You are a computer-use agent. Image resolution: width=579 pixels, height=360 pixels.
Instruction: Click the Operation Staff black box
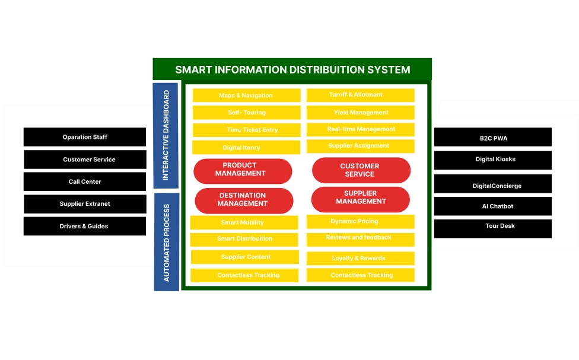85,137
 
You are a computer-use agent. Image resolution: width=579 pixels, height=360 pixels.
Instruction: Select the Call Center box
85,181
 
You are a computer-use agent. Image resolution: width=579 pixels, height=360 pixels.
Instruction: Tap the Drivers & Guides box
85,226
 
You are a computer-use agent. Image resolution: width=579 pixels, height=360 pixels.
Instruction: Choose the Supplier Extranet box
85,204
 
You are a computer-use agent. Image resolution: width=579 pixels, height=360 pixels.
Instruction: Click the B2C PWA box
493,138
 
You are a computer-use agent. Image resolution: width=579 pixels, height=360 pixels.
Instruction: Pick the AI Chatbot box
493,206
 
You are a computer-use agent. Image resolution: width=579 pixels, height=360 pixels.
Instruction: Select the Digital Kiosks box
493,160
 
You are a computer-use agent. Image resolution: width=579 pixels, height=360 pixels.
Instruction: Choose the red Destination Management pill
244,200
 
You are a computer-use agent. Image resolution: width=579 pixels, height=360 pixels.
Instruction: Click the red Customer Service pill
361,170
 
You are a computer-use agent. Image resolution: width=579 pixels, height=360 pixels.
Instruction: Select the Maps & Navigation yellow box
246,95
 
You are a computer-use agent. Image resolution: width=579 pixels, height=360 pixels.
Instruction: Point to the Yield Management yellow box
361,113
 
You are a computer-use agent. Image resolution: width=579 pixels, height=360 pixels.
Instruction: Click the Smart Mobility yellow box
244,222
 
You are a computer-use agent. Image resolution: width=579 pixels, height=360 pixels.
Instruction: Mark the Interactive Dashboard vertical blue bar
166,135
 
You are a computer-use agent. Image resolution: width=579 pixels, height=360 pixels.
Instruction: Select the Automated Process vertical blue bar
166,242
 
